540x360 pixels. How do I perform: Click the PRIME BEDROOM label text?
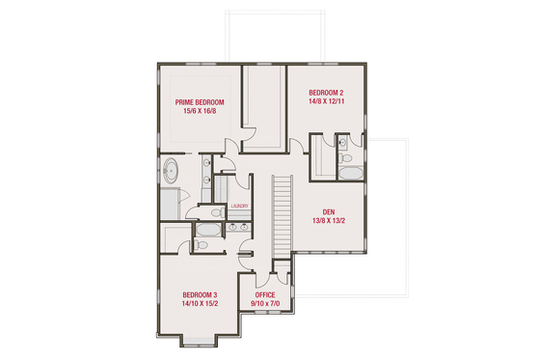pyautogui.click(x=199, y=102)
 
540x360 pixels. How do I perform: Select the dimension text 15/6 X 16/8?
pyautogui.click(x=199, y=112)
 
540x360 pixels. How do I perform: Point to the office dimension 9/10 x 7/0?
pyautogui.click(x=265, y=303)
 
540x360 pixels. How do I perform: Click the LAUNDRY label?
pyautogui.click(x=239, y=206)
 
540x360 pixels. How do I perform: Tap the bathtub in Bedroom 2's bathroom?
pyautogui.click(x=351, y=175)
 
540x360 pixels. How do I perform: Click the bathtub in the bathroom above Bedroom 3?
pyautogui.click(x=206, y=230)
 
